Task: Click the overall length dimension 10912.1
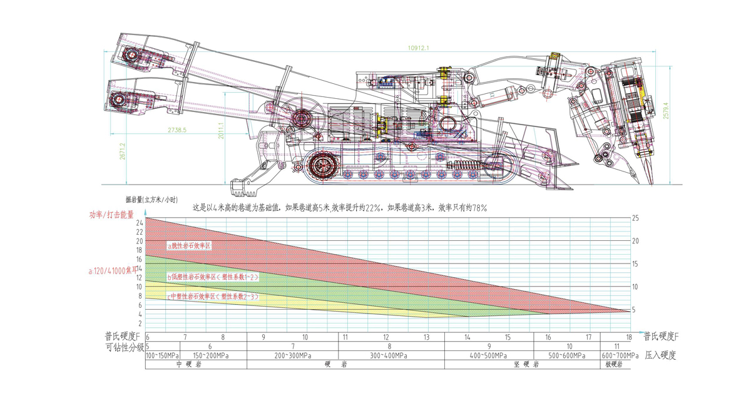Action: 418,48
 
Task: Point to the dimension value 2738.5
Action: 177,130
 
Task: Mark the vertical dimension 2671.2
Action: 123,151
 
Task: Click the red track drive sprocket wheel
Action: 323,166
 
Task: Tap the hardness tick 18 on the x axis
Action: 629,337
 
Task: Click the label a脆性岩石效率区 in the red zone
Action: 190,246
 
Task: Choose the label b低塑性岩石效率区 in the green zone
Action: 213,276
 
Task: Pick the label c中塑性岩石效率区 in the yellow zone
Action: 213,297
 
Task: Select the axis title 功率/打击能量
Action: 111,214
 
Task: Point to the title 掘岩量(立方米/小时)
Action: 150,200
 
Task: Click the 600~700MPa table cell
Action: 616,355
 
